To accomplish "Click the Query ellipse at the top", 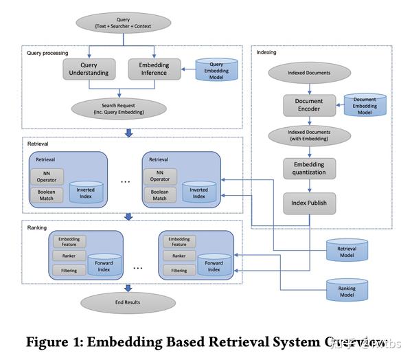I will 124,22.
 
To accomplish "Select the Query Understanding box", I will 89,69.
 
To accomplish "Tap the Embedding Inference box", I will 154,69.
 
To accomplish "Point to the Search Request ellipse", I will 119,109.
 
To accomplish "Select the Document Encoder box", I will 309,105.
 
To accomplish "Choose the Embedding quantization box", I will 309,168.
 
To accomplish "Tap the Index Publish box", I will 309,203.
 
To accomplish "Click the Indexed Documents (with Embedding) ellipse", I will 309,135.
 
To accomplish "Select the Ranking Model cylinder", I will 347,289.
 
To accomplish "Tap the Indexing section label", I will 268,52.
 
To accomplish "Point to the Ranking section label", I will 37,226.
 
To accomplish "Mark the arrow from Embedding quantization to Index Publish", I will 309,186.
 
